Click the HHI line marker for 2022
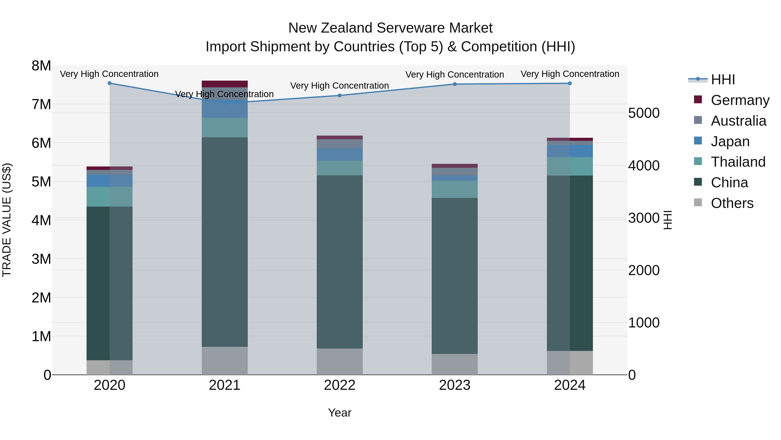(x=340, y=95)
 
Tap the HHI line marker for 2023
(x=454, y=84)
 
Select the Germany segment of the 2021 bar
(x=225, y=84)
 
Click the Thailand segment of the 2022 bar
(x=340, y=168)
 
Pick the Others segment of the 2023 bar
(x=454, y=364)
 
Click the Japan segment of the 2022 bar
(x=340, y=154)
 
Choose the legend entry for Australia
(x=738, y=121)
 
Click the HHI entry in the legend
(x=723, y=80)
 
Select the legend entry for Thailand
(x=738, y=162)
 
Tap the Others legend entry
(x=732, y=203)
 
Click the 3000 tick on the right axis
(x=644, y=218)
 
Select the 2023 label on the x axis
(x=454, y=385)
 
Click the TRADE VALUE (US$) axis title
(x=7, y=220)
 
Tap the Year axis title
(x=340, y=413)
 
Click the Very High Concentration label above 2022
(x=340, y=86)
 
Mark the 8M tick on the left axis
(x=41, y=66)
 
